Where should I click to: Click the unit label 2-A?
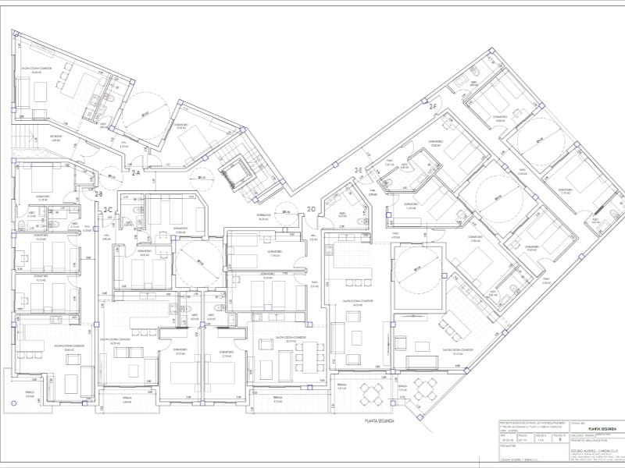pos(135,172)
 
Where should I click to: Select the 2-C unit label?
pos(109,209)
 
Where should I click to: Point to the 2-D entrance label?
pos(311,209)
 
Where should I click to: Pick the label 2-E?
pos(358,169)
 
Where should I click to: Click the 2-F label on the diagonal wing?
pos(433,105)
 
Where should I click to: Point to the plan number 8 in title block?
pos(562,440)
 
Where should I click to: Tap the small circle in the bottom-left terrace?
pos(13,403)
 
